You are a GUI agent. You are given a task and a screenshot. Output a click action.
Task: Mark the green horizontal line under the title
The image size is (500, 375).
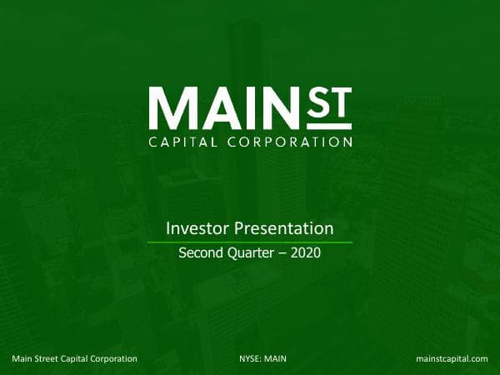pos(250,242)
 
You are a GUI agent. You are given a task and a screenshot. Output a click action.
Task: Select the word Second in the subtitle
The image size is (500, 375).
pos(200,253)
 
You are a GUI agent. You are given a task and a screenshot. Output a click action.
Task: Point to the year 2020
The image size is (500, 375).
pos(305,253)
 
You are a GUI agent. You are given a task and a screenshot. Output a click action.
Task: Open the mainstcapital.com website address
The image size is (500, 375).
pos(451,358)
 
